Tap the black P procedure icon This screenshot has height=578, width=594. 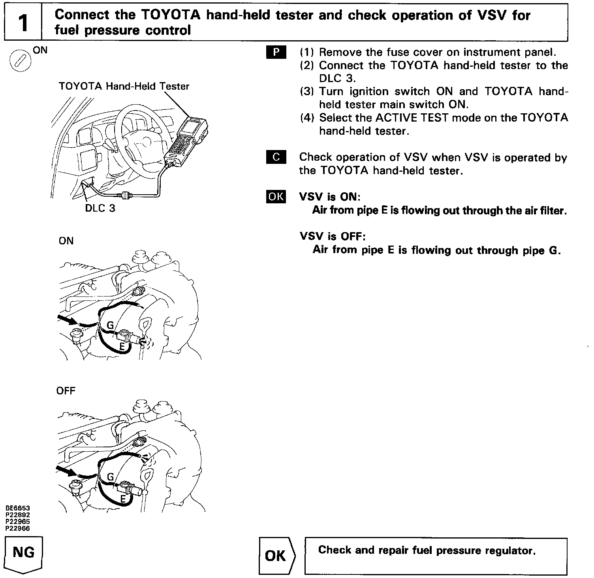click(x=276, y=53)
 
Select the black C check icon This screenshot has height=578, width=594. click(x=276, y=157)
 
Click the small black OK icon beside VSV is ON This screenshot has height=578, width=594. click(x=276, y=196)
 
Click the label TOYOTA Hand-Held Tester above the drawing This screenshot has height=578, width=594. click(x=124, y=86)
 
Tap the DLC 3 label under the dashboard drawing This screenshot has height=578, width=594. click(x=100, y=208)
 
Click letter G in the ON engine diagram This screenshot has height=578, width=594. click(x=111, y=325)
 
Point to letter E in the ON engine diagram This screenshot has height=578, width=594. click(x=122, y=347)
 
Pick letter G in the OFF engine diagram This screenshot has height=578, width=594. click(x=111, y=477)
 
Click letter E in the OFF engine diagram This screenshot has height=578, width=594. click(x=123, y=499)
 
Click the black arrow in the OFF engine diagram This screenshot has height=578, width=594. click(x=66, y=470)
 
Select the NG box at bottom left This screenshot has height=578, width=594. click(x=23, y=553)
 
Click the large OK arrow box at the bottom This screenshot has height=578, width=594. click(x=276, y=555)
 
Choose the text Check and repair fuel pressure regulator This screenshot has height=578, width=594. click(x=427, y=550)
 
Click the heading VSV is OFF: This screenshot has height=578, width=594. click(x=333, y=236)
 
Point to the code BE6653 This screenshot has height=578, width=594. click(x=17, y=508)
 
